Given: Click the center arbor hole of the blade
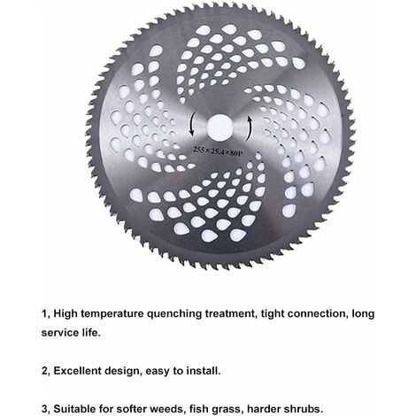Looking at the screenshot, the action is pos(220,127).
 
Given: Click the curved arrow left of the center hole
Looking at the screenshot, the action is pos(191,124).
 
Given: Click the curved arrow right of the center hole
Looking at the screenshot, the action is pos(250,128).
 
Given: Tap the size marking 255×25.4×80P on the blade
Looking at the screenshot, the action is pos(218,151).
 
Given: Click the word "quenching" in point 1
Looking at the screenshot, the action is pos(174,313).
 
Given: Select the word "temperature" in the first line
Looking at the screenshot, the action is pos(112,314).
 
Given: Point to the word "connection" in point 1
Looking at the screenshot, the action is pos(317,313).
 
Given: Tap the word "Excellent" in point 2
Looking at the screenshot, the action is pos(77,371).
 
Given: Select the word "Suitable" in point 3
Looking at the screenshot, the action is pos(75,409).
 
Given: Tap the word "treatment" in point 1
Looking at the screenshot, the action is pos(230,313).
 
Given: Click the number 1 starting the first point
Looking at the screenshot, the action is pos(44,314).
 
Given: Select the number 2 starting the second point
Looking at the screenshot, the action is pos(45,371).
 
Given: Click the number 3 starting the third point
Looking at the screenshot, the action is pos(45,409).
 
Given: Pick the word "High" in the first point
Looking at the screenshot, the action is pos(65,314).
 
